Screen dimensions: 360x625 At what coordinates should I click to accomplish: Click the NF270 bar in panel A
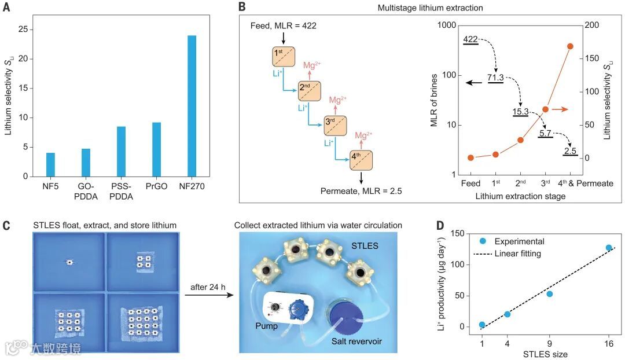(192, 106)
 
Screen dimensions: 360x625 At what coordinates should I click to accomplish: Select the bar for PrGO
(156, 149)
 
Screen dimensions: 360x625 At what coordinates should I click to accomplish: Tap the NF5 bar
(50, 164)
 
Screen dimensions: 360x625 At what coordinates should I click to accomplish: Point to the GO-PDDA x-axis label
(86, 191)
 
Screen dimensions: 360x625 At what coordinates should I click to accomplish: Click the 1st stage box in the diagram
(284, 57)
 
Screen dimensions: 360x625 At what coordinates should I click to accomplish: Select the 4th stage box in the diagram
(361, 160)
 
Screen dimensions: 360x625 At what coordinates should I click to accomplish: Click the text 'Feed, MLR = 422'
(284, 26)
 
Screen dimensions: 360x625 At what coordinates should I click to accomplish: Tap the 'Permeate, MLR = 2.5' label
(362, 190)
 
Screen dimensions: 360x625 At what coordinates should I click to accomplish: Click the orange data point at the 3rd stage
(545, 109)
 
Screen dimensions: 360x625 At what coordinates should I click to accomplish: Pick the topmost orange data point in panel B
(570, 46)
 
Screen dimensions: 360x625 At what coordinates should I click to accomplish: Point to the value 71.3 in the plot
(496, 77)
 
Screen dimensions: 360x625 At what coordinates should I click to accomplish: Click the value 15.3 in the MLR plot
(521, 111)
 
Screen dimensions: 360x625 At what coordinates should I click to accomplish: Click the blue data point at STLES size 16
(609, 248)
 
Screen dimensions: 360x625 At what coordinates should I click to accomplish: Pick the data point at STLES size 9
(549, 294)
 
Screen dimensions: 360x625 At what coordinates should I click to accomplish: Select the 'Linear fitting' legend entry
(516, 254)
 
